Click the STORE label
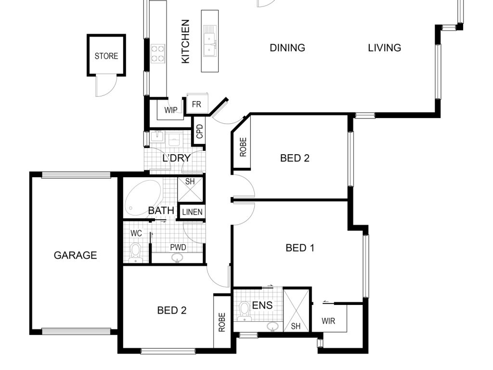(x=106, y=56)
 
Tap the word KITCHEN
(x=185, y=41)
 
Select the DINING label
(x=287, y=48)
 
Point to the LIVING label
(x=385, y=48)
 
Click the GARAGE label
(x=75, y=255)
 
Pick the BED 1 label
(x=300, y=248)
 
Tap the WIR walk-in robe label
(x=328, y=321)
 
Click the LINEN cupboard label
(x=192, y=212)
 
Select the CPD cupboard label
(x=200, y=132)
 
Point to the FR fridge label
(x=196, y=104)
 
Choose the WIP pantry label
(x=171, y=110)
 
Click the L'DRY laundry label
(x=176, y=158)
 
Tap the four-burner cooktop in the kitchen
(x=158, y=54)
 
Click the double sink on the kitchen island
(x=210, y=41)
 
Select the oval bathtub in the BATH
(x=143, y=198)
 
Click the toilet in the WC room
(x=136, y=252)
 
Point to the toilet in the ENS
(x=244, y=311)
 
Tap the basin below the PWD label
(x=178, y=258)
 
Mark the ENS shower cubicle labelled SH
(x=296, y=310)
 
